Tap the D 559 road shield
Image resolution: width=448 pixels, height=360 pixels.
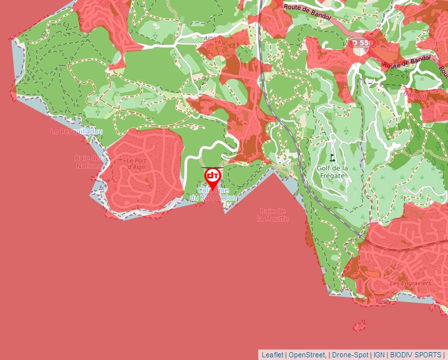click(x=361, y=43)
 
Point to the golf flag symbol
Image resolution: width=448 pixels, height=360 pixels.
click(x=332, y=158)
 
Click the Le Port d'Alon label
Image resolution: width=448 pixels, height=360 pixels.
click(x=136, y=163)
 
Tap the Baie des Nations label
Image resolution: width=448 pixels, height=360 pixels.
click(x=89, y=161)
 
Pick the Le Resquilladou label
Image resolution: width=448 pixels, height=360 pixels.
click(x=77, y=132)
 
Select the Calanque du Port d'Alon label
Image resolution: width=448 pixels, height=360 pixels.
click(x=212, y=194)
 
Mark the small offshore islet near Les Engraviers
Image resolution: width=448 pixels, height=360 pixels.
click(x=359, y=325)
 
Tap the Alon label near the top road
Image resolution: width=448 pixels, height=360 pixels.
click(x=210, y=39)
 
